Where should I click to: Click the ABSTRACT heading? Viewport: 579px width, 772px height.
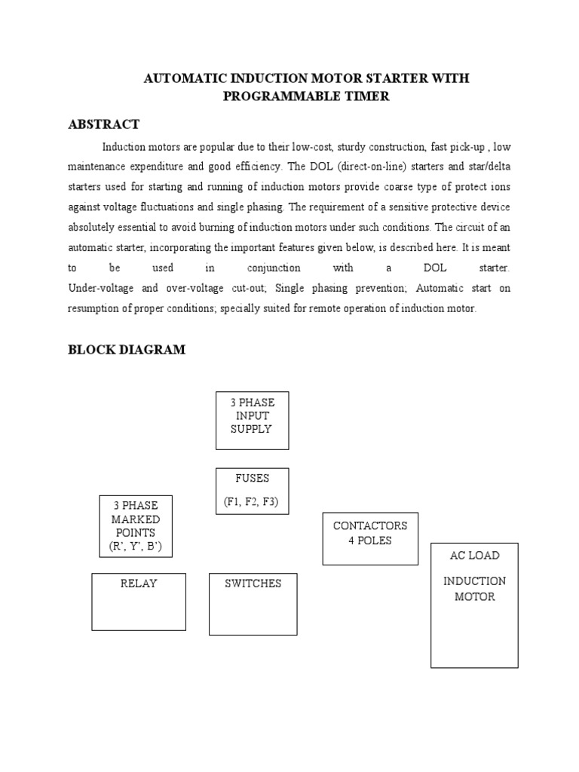click(x=103, y=124)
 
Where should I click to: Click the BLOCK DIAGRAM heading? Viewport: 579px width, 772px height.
click(x=126, y=350)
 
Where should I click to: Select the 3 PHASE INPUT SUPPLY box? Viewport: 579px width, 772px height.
click(x=252, y=420)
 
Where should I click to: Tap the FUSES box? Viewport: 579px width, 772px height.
click(x=252, y=492)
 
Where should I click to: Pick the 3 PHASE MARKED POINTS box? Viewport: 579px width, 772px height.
click(x=136, y=526)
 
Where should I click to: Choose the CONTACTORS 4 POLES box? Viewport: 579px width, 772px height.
click(x=370, y=538)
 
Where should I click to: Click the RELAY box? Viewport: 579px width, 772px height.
click(x=139, y=601)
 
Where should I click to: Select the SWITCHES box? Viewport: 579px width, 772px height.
click(x=253, y=603)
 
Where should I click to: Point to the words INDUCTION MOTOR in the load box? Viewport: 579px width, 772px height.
click(x=474, y=589)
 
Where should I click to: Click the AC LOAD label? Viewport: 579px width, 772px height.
click(x=474, y=556)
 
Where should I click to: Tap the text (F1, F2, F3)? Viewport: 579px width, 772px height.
click(x=251, y=502)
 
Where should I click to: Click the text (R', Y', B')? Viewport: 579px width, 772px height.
click(x=136, y=546)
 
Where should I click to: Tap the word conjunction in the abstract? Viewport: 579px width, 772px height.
click(x=274, y=268)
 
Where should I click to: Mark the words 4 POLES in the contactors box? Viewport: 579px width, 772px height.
click(x=370, y=541)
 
